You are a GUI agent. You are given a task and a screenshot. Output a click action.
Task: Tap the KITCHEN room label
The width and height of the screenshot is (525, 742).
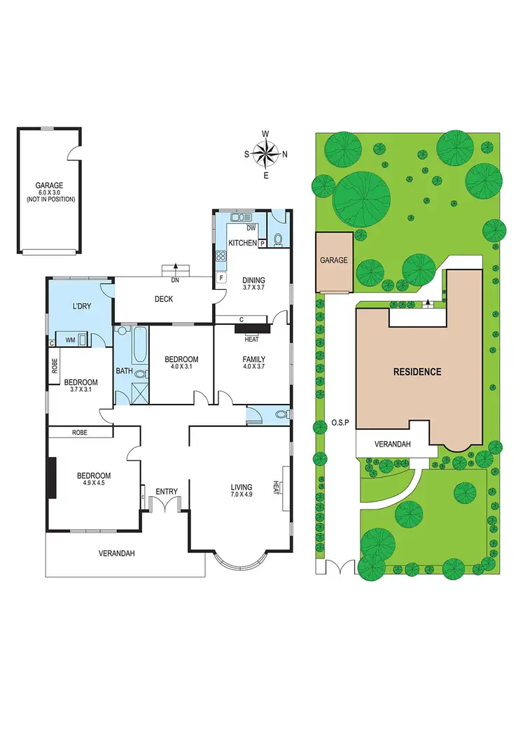click(242, 242)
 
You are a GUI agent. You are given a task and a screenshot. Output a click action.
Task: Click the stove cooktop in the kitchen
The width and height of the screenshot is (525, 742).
click(220, 255)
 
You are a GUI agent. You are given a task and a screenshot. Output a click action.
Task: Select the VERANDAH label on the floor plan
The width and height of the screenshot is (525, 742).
click(115, 553)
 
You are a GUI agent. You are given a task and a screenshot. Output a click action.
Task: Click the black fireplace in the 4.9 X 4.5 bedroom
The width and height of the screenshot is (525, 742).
click(51, 478)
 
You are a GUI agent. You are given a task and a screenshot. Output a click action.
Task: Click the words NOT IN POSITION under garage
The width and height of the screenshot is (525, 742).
click(50, 199)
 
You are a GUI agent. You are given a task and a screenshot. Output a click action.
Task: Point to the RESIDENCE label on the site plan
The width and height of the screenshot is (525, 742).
click(416, 372)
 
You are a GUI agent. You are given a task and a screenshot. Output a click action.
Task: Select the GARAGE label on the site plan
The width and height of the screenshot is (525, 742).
click(334, 260)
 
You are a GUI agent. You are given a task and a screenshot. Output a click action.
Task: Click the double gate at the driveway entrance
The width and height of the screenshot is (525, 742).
click(337, 568)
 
